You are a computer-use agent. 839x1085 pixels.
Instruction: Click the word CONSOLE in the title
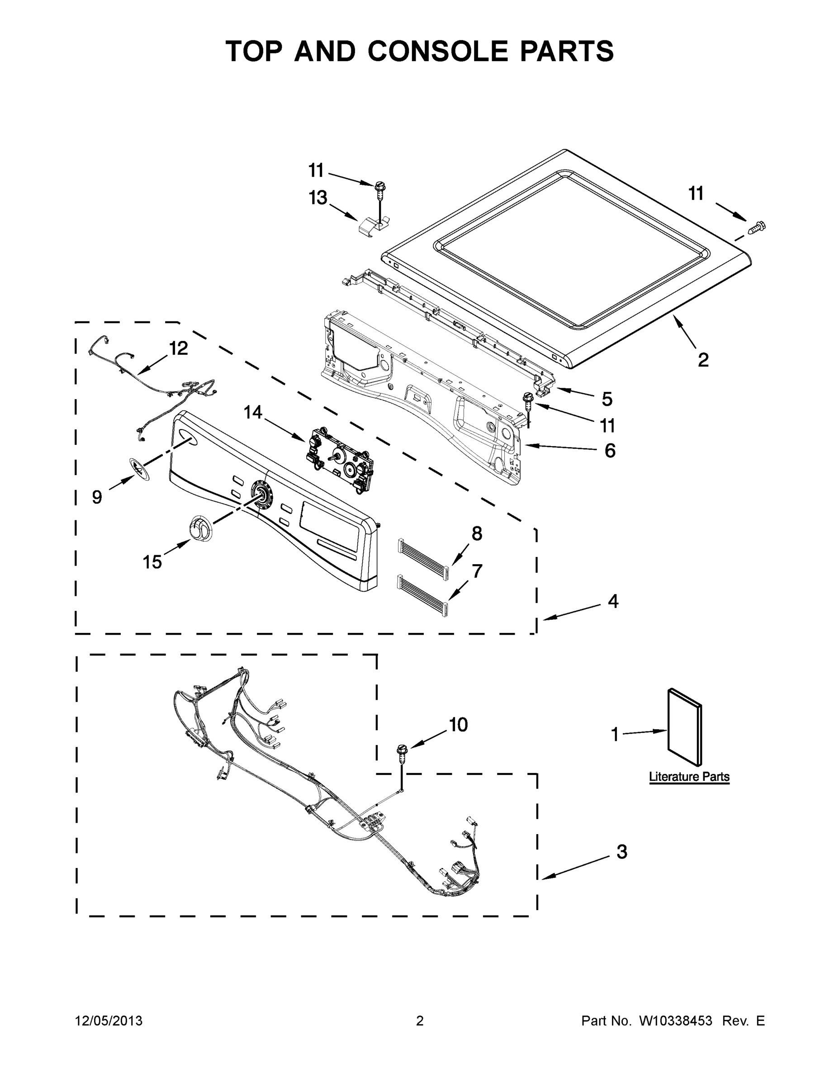[x=439, y=51]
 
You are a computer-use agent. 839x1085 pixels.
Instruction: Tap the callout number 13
[x=318, y=198]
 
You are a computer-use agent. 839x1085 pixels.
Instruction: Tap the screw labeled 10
[x=401, y=756]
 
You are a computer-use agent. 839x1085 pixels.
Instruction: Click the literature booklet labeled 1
[x=684, y=727]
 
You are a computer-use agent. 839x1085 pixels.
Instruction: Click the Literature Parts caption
[x=689, y=777]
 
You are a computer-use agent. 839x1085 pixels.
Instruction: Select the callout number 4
[x=613, y=601]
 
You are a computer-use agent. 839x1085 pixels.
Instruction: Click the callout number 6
[x=610, y=451]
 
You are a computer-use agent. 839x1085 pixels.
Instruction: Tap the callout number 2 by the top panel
[x=703, y=359]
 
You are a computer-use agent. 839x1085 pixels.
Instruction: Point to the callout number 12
[x=179, y=348]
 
